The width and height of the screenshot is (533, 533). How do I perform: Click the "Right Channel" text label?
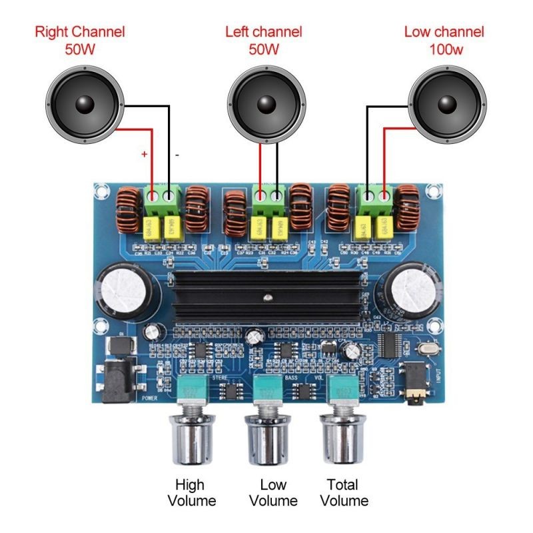tap(80, 31)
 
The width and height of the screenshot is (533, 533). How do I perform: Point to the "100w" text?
tap(444, 49)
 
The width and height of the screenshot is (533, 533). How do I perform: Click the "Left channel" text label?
tap(264, 31)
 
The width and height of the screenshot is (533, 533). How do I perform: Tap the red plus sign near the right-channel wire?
tap(144, 154)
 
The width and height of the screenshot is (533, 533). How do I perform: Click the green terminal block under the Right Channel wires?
tap(163, 198)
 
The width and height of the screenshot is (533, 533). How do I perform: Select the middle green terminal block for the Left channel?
tap(268, 198)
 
